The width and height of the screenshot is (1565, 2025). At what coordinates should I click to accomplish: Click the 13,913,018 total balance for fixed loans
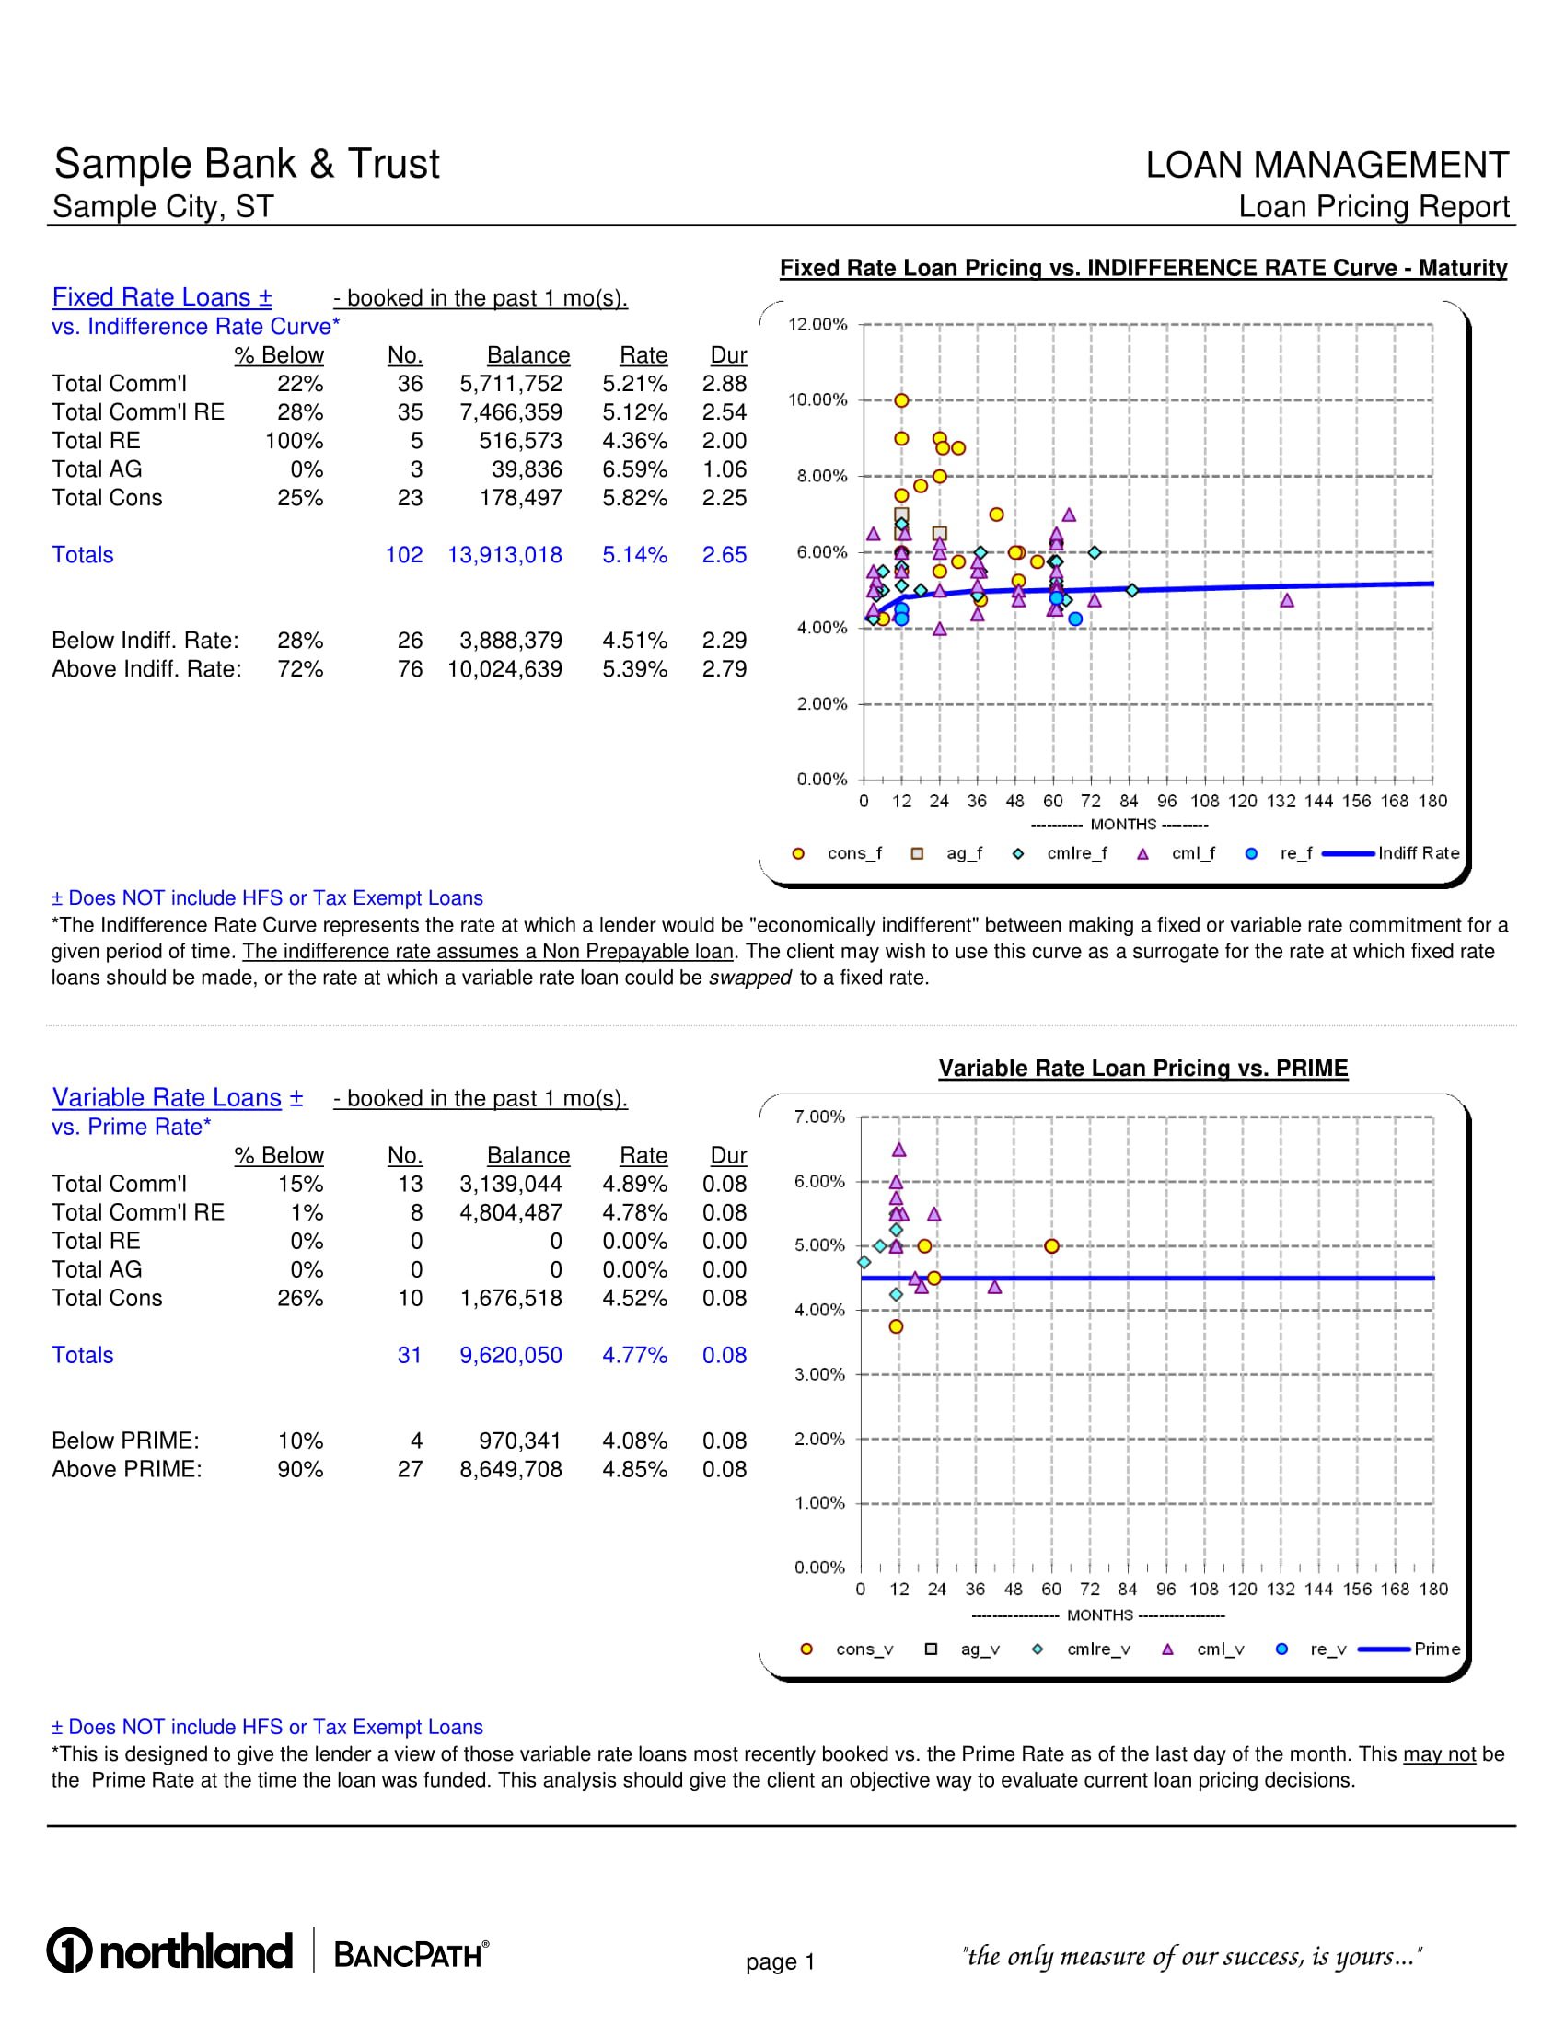504,554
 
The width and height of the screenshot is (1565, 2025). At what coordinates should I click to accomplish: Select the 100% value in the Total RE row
294,440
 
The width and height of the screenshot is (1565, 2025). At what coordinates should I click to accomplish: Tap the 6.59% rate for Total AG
634,469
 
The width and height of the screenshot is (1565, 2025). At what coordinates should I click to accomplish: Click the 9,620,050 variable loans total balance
511,1355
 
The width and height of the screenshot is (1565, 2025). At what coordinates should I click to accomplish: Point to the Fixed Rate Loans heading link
162,296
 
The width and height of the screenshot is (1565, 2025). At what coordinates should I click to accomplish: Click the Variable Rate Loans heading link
177,1097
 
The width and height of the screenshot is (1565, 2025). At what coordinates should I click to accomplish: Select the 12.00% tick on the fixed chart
817,325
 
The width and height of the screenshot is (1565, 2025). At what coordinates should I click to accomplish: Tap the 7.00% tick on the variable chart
819,1117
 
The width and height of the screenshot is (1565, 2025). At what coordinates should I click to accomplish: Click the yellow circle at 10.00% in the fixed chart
901,400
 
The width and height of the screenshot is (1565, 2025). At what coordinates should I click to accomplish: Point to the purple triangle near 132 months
1287,601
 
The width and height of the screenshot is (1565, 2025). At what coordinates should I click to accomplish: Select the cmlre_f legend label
1076,853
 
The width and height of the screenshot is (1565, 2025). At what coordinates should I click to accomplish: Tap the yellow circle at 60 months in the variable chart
1051,1246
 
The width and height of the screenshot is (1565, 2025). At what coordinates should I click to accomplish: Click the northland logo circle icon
70,1950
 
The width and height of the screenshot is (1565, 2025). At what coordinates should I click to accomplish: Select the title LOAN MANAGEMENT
1327,165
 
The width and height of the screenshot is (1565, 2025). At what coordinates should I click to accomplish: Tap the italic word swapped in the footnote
749,978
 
